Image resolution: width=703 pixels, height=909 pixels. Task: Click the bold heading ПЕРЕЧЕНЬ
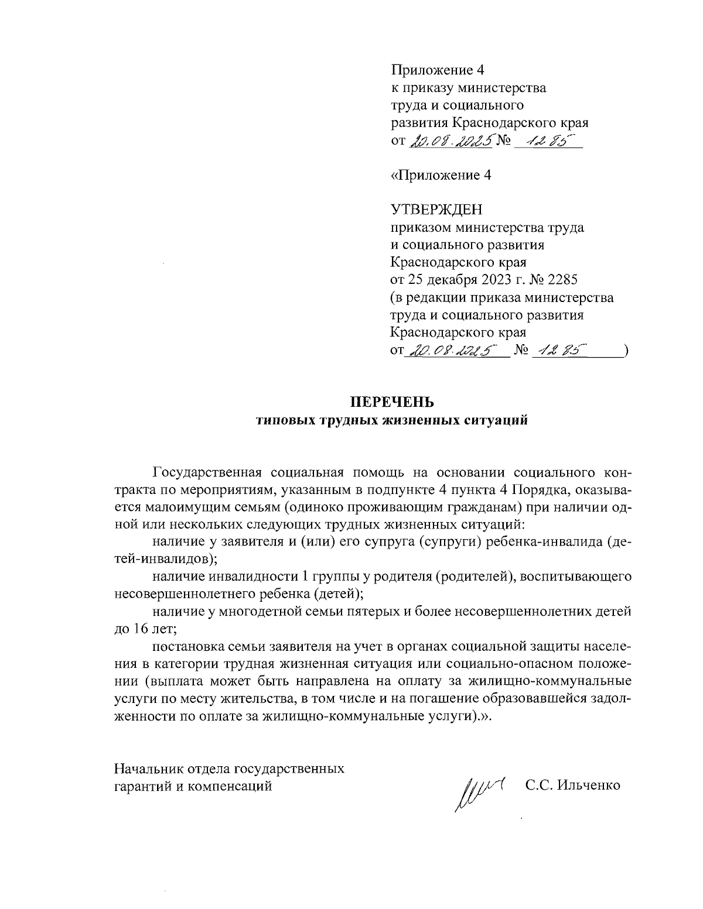point(392,403)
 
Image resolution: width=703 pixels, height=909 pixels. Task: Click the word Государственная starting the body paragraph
point(202,472)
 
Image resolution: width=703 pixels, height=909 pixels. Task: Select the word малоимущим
point(176,507)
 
